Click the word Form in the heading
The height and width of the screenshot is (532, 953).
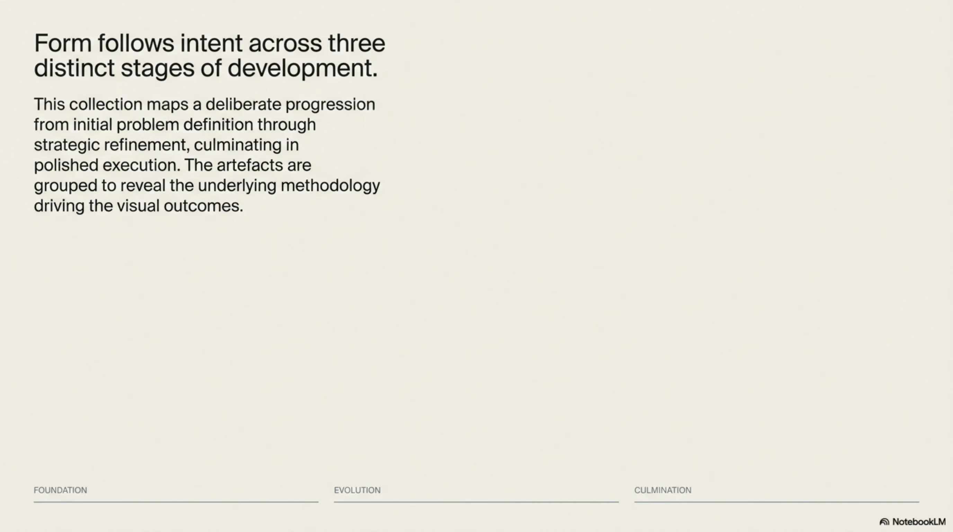[63, 43]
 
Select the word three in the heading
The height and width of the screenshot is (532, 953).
[357, 43]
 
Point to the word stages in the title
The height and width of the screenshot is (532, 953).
[158, 69]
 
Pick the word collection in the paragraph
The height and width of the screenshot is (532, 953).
[106, 104]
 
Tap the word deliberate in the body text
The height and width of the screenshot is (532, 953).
[243, 104]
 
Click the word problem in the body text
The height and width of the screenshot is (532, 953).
[148, 125]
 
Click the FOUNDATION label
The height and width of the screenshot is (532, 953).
[60, 490]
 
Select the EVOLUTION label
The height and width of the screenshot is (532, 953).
[357, 490]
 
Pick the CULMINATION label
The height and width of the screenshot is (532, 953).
[663, 490]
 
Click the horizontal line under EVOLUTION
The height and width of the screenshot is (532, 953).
[476, 502]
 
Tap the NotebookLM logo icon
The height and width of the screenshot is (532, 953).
[884, 522]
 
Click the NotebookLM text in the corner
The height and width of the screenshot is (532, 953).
[919, 522]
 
